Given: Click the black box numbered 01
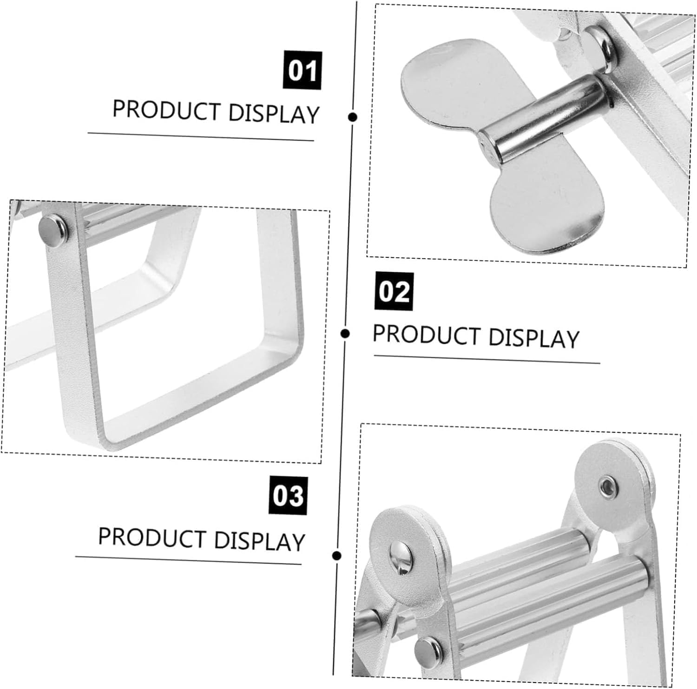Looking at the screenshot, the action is (302, 70).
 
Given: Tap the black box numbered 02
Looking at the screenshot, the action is (394, 291).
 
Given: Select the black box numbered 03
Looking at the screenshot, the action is (288, 495).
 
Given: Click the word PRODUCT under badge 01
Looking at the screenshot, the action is (166, 110).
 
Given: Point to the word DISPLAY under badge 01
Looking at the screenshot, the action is (274, 113).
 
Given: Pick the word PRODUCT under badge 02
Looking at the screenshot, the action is (427, 334).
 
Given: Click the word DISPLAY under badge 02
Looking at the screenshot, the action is (534, 338).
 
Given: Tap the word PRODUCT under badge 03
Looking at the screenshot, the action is (152, 537).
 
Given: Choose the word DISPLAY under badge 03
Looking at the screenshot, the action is (260, 541).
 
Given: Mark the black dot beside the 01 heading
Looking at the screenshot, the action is (353, 117).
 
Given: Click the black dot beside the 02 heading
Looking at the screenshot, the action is (345, 333).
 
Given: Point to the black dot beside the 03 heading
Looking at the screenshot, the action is (338, 555).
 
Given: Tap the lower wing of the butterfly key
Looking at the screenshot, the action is (548, 204).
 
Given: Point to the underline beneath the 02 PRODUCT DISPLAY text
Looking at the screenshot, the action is (487, 359).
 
